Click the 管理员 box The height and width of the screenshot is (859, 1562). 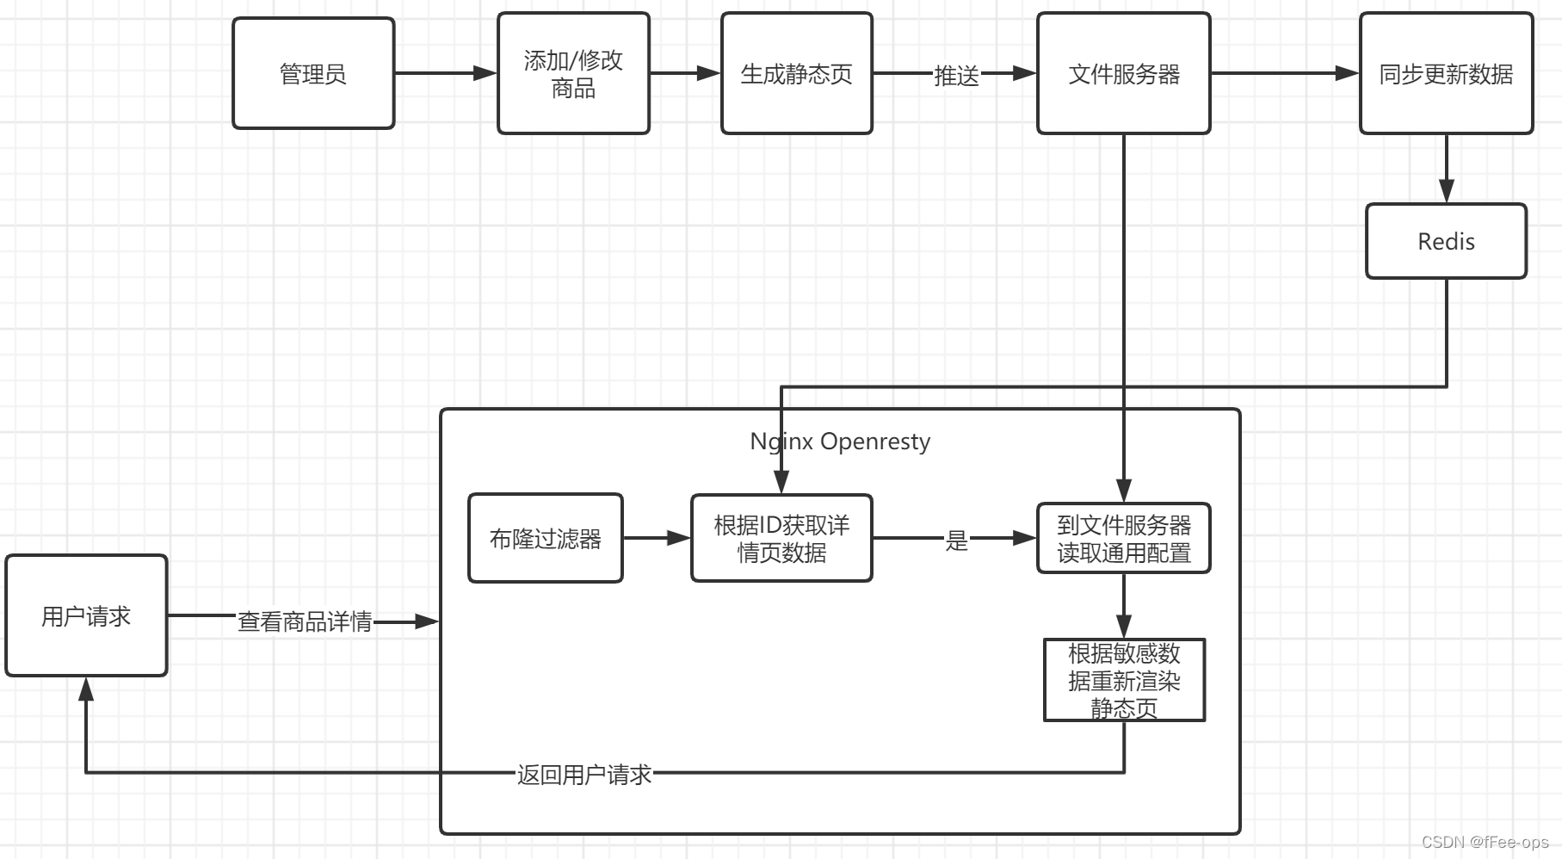tap(313, 74)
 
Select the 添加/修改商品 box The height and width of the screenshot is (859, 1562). tap(573, 74)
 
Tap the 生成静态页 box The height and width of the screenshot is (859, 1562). tap(796, 74)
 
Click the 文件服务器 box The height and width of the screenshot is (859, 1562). tap(1123, 74)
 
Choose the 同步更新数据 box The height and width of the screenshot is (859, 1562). tap(1446, 74)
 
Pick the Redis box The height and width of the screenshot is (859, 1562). tap(1446, 242)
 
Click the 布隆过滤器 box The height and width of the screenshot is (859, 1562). tap(545, 539)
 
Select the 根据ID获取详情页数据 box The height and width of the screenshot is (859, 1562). tap(781, 539)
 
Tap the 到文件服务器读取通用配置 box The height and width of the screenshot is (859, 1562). tap(1123, 539)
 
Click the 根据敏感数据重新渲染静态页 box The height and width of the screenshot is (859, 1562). tap(1124, 680)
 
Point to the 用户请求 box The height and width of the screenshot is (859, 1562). tap(86, 616)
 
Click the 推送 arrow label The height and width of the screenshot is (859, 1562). tap(956, 76)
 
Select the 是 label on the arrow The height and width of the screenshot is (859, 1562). tap(956, 541)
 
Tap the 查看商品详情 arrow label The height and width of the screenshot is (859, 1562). tap(305, 621)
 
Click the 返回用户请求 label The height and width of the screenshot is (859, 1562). tap(583, 775)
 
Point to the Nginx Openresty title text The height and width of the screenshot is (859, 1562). tap(840, 442)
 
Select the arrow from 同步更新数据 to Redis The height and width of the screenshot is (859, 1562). tap(1446, 168)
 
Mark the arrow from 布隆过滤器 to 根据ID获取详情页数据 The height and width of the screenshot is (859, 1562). tap(656, 539)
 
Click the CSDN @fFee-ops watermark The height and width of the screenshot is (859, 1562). tap(1485, 842)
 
